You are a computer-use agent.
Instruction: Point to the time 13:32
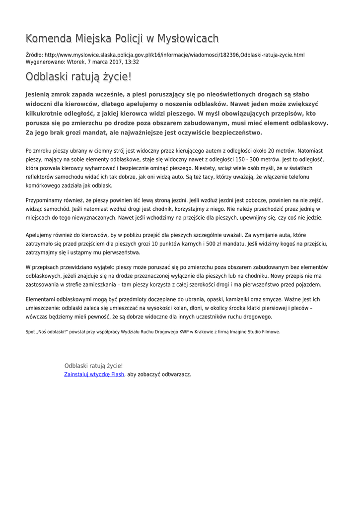click(x=131, y=62)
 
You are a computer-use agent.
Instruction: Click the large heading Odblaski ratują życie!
click(x=78, y=77)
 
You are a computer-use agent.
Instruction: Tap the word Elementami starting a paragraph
click(x=42, y=299)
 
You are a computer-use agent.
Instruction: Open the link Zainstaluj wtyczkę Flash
click(x=94, y=375)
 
